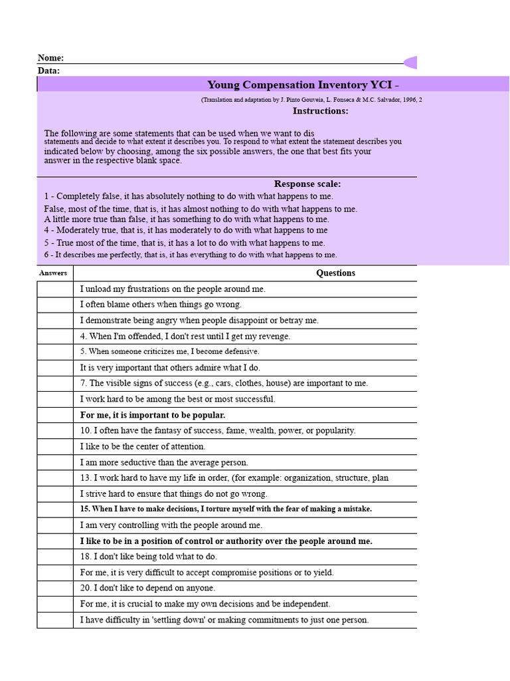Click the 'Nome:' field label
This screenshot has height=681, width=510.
click(x=50, y=59)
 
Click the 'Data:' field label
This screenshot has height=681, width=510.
click(x=48, y=70)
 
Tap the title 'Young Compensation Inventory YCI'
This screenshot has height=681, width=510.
click(x=303, y=85)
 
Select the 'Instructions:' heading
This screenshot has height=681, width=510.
click(x=320, y=111)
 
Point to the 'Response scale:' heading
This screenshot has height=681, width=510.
click(x=307, y=184)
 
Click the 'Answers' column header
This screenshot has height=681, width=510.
click(x=53, y=273)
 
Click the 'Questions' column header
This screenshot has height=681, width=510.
click(x=335, y=273)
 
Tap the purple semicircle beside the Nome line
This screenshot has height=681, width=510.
click(x=411, y=63)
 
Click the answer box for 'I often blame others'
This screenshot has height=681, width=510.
click(x=55, y=305)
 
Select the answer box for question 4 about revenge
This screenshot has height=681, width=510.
click(x=55, y=337)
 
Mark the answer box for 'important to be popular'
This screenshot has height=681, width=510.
click(x=55, y=415)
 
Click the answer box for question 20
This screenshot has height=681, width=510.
click(x=55, y=589)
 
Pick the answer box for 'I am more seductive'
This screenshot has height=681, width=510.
click(x=55, y=462)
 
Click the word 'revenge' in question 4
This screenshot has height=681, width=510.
click(x=276, y=337)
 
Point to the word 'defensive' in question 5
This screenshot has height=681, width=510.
click(x=242, y=352)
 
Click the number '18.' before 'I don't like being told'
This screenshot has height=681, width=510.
click(x=86, y=557)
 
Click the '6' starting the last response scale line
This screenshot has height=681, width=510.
click(x=46, y=255)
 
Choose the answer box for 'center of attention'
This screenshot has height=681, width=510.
click(x=55, y=447)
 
